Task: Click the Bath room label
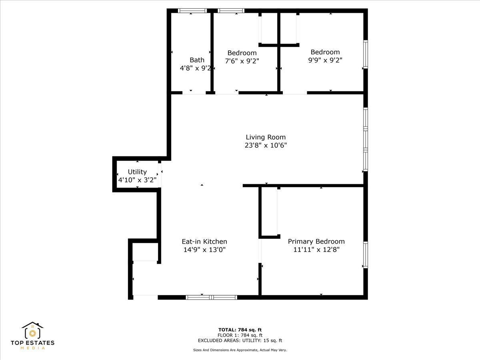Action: point(197,60)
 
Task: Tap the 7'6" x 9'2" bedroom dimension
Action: point(242,61)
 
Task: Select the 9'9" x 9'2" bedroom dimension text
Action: point(325,60)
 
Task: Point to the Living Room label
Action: point(266,137)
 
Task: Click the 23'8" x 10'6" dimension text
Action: point(266,146)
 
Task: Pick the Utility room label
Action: point(137,172)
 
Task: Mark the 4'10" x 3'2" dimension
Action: point(137,180)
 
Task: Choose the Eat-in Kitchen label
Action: point(204,241)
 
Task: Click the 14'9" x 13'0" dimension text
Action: point(204,250)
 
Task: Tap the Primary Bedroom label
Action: point(316,241)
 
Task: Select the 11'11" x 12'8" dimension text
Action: point(316,250)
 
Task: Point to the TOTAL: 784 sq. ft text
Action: point(240,330)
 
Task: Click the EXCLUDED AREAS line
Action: point(240,341)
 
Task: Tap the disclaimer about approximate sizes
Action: point(240,350)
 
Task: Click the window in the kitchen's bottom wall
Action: point(212,297)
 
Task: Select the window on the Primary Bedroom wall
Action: point(365,255)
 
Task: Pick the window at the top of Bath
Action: point(192,11)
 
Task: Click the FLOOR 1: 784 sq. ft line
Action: point(240,335)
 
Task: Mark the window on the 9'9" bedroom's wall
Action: point(365,54)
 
